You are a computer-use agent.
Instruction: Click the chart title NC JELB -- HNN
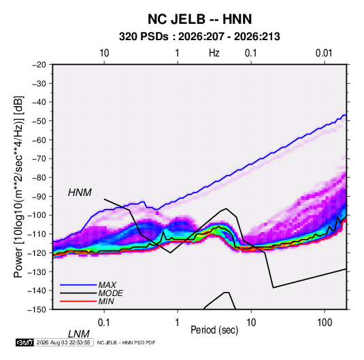pyautogui.click(x=199, y=19)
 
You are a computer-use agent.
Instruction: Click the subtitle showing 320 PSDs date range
pyautogui.click(x=199, y=37)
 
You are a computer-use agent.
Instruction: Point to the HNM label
pyautogui.click(x=80, y=193)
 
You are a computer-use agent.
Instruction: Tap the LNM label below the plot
pyautogui.click(x=79, y=334)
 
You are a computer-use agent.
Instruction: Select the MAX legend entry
pyautogui.click(x=107, y=284)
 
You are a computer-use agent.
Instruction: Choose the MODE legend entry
pyautogui.click(x=110, y=293)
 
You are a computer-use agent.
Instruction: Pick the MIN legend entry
pyautogui.click(x=106, y=301)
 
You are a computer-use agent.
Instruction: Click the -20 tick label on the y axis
pyautogui.click(x=39, y=65)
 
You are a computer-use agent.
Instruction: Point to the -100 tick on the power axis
pyautogui.click(x=37, y=215)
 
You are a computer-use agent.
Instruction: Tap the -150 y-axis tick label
pyautogui.click(x=37, y=310)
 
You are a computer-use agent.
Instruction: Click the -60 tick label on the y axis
pyautogui.click(x=39, y=140)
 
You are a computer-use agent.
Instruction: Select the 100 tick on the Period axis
pyautogui.click(x=325, y=323)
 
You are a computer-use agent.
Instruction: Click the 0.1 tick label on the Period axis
pyautogui.click(x=104, y=323)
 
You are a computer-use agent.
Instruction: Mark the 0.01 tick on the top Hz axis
pyautogui.click(x=324, y=53)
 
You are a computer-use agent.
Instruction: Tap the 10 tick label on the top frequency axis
pyautogui.click(x=104, y=53)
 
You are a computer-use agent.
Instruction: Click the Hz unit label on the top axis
pyautogui.click(x=214, y=53)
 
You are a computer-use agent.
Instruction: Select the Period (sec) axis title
pyautogui.click(x=214, y=330)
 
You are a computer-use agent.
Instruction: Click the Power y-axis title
pyautogui.click(x=18, y=186)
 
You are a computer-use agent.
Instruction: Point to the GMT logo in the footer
pyautogui.click(x=24, y=342)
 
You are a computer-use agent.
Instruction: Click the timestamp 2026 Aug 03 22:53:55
pyautogui.click(x=63, y=342)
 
